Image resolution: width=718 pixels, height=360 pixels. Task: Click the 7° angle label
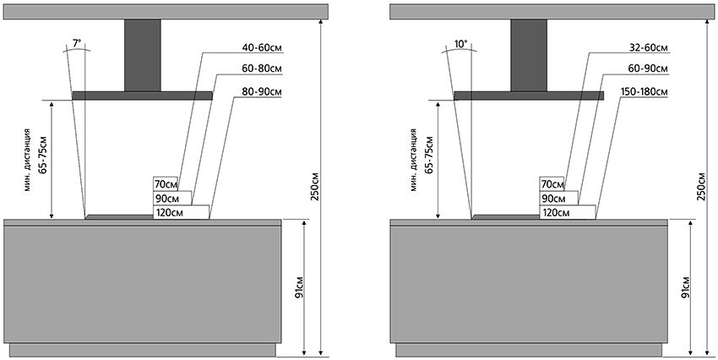coord(78,42)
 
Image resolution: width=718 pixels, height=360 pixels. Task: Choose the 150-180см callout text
coord(646,90)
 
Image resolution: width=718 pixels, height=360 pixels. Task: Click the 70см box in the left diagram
coord(166,184)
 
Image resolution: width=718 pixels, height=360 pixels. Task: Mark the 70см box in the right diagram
coord(551,184)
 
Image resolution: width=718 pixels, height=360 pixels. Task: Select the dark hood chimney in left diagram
coord(142,54)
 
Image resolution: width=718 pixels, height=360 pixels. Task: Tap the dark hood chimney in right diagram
coord(528,54)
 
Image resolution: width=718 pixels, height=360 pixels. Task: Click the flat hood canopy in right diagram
coord(528,95)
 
